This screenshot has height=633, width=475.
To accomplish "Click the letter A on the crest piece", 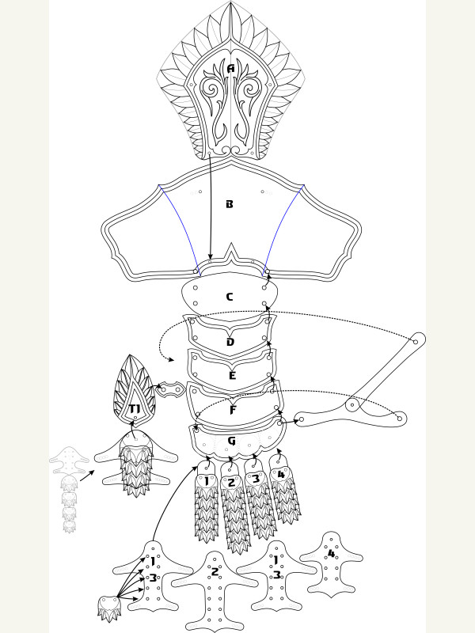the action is (x=230, y=69).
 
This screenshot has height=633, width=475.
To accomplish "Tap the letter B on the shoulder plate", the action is (x=230, y=204).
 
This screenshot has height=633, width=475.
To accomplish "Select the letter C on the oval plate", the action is (x=230, y=298).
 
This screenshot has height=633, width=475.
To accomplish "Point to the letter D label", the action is (x=230, y=343).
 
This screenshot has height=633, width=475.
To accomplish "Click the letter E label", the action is (x=232, y=376).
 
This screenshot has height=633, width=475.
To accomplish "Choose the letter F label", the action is (x=233, y=410).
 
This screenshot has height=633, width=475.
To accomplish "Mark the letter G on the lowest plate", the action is (x=231, y=441).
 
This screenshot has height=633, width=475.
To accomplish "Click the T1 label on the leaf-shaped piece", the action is (x=135, y=409).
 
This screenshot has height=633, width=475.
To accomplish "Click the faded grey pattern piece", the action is (x=69, y=489).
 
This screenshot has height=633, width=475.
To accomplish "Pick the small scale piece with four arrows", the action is (x=109, y=608).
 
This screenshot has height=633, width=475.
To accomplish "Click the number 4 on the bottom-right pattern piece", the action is (x=331, y=553).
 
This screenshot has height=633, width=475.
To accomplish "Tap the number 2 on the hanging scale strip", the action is (x=231, y=483).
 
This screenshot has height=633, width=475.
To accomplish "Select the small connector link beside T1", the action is (x=170, y=390).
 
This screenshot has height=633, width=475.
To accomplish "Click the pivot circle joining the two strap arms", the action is (x=352, y=404).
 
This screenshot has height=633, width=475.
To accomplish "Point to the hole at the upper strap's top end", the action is (x=415, y=342).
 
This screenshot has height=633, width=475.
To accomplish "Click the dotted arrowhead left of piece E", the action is (x=172, y=359).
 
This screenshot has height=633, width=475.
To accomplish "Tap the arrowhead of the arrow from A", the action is (x=210, y=256).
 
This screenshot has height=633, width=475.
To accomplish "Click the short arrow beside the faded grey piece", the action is (x=87, y=476).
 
